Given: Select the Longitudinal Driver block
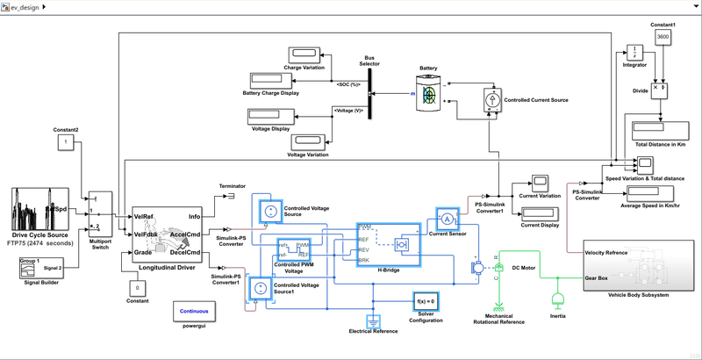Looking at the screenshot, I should pyautogui.click(x=166, y=234).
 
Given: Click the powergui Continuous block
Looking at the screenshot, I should pyautogui.click(x=194, y=312).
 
